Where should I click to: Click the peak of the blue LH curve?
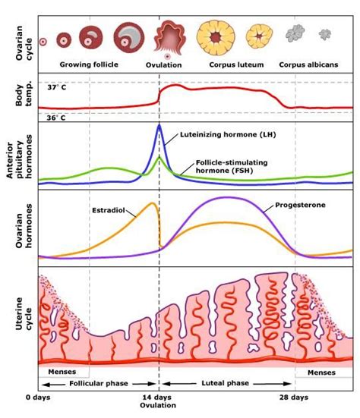(159, 125)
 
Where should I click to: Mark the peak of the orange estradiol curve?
(154, 203)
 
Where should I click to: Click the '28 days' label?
(293, 398)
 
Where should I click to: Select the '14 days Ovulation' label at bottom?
(159, 402)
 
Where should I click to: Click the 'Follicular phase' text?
(99, 384)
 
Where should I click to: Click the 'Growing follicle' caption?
(90, 64)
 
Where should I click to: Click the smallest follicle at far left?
(43, 40)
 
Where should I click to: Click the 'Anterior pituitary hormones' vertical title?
(17, 156)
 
